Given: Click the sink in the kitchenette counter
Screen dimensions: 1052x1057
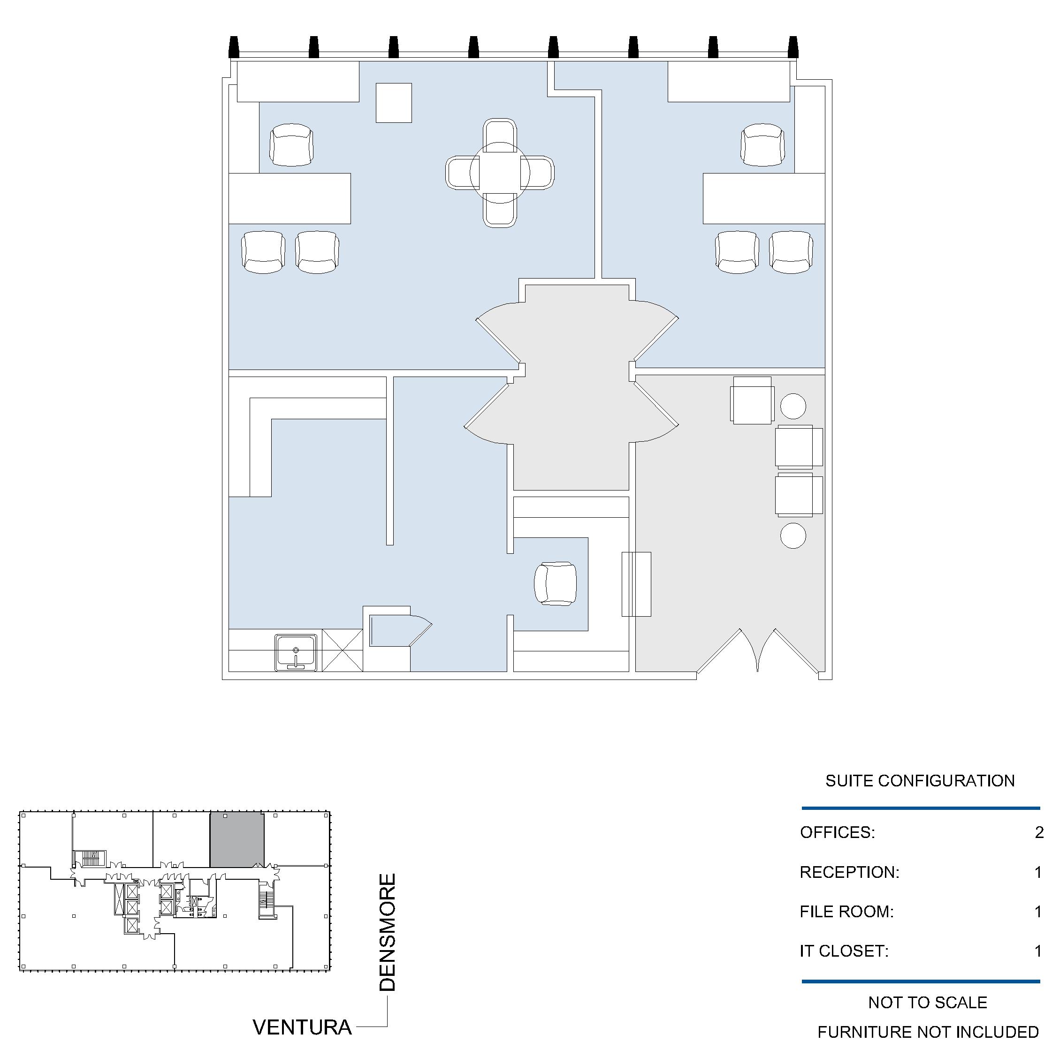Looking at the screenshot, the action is [x=296, y=652].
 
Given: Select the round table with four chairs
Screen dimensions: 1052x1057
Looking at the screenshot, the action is [x=500, y=173].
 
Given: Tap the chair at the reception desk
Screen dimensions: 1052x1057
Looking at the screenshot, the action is [x=555, y=583].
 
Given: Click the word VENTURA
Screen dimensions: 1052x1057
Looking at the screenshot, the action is [x=302, y=1027].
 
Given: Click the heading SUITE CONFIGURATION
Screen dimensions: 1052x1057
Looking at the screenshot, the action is [x=920, y=781].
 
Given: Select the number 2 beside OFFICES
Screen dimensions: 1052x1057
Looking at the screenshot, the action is [x=1039, y=832].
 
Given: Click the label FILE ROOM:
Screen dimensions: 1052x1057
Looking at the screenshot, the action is [x=846, y=912].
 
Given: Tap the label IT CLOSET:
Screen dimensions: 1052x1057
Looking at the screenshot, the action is [x=844, y=951].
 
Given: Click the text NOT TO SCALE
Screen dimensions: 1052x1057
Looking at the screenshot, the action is [x=928, y=1002].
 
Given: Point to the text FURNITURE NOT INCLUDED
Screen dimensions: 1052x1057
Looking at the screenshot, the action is [x=928, y=1032].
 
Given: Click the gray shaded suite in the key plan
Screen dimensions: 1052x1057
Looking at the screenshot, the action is [x=237, y=840].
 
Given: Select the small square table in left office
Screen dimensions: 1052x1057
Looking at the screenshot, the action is [x=394, y=103].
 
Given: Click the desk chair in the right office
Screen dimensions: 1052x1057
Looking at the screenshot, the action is [x=762, y=144].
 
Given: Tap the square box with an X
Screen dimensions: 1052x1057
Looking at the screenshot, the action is [x=342, y=650].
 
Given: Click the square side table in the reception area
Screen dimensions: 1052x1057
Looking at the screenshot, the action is [x=752, y=400].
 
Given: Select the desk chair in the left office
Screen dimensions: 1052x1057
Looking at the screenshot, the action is [x=291, y=144].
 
